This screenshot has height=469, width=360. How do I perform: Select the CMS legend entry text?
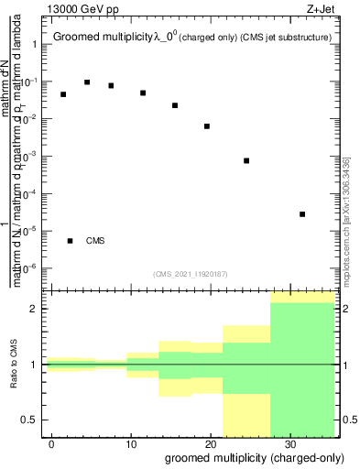coord(95,241)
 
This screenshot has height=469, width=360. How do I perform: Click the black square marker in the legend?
coord(71,241)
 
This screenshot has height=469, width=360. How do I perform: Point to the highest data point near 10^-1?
coord(87,82)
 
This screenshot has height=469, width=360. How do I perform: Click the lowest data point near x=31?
coord(302,214)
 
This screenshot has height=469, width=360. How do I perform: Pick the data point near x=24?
coord(246,161)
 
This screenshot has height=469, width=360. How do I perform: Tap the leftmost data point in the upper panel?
coord(63,94)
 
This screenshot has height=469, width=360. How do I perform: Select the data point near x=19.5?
coord(207,126)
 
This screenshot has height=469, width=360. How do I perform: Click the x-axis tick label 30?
coord(289,444)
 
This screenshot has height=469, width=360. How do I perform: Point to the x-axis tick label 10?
coord(131,444)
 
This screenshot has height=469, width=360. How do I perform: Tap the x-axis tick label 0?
coord(52,444)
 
